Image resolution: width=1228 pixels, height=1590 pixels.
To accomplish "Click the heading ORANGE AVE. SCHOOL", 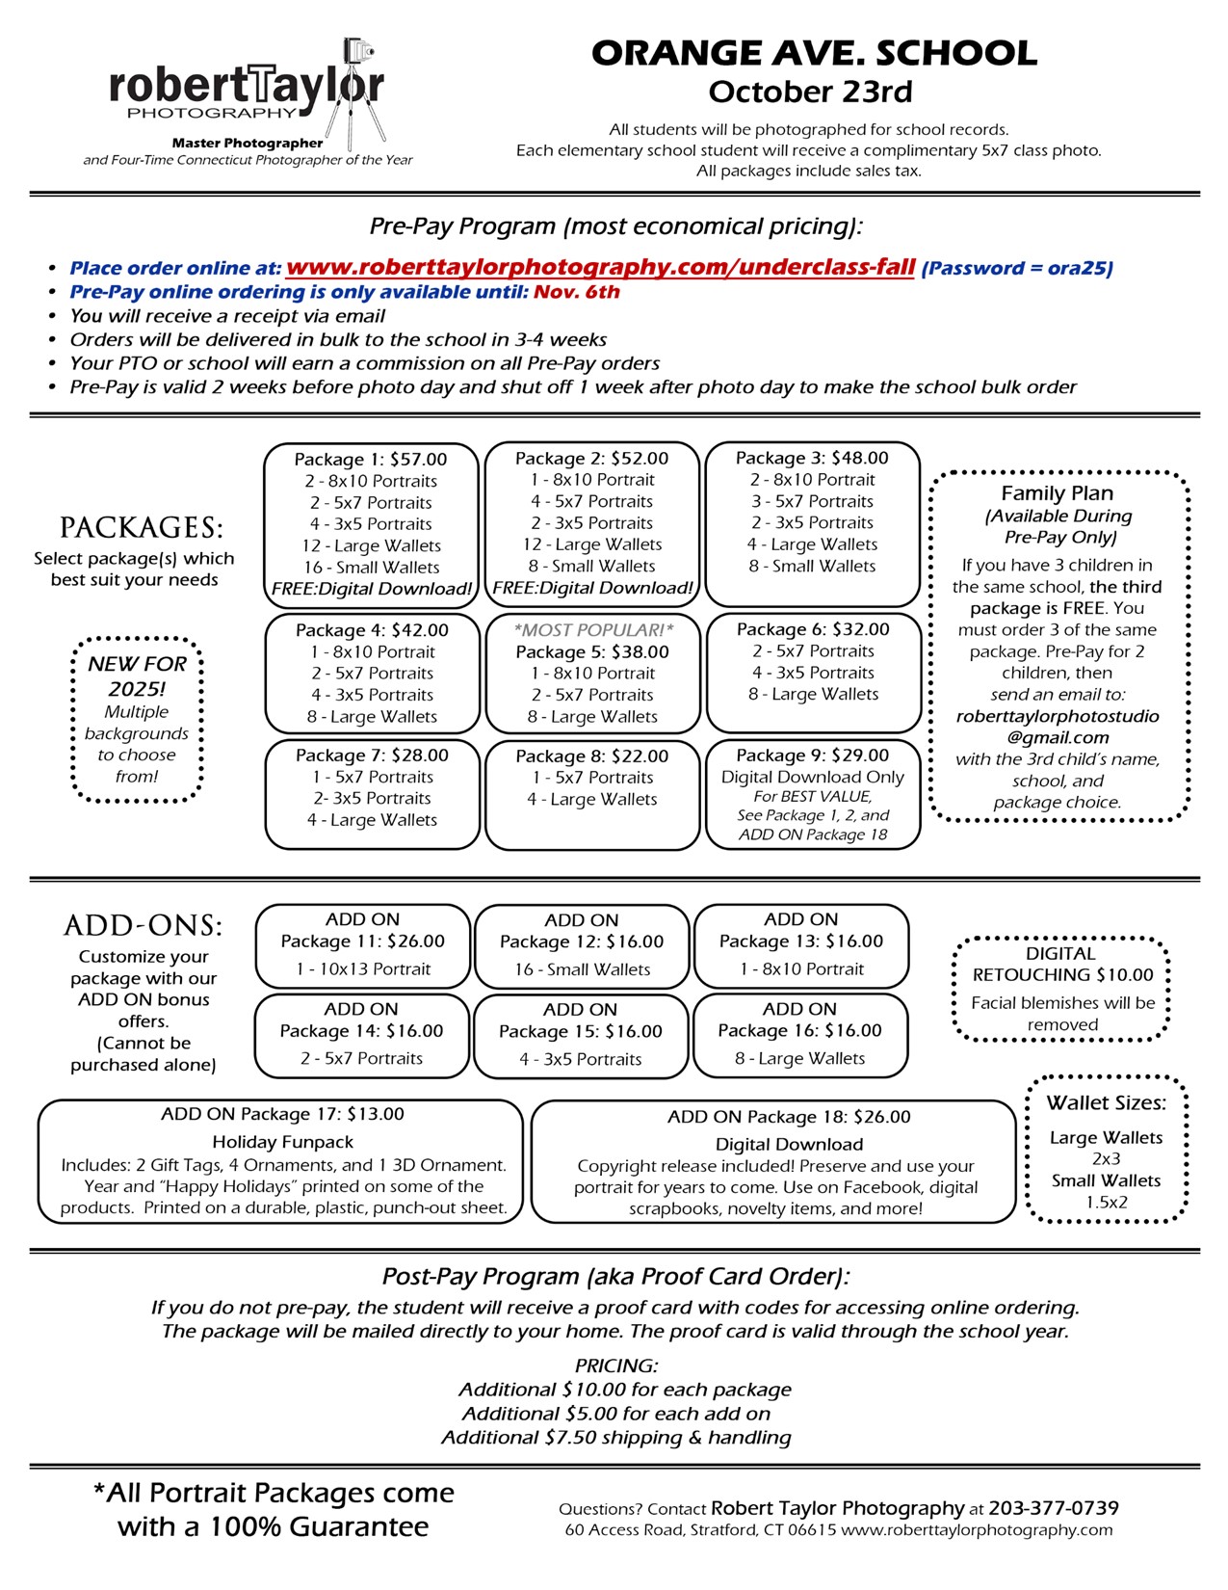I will tap(814, 53).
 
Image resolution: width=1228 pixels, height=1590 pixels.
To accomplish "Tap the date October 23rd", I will tap(810, 92).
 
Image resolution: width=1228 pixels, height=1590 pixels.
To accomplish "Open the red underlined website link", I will tap(600, 267).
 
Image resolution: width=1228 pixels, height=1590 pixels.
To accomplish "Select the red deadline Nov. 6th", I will tap(577, 292).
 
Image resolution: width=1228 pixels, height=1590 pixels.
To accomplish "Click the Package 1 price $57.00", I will tap(418, 460).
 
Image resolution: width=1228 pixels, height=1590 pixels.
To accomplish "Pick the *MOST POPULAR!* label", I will tap(593, 630).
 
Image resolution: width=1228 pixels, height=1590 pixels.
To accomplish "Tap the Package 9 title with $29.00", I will tap(812, 755).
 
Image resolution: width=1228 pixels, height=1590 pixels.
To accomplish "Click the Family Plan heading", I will tap(1057, 493).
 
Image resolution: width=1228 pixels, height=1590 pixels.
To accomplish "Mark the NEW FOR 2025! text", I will tap(137, 676).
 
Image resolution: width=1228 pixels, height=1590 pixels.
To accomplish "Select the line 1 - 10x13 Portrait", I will tap(363, 969).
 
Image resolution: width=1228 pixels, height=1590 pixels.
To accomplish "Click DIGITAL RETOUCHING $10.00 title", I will tap(1061, 964).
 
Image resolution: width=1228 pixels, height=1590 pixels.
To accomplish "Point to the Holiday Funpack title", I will tap(282, 1142).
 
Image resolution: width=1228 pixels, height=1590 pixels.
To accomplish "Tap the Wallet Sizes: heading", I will tap(1106, 1103).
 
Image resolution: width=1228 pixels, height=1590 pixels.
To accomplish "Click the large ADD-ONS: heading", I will tap(143, 926).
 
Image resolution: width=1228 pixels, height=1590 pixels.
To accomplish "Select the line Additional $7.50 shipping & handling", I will tap(615, 1438).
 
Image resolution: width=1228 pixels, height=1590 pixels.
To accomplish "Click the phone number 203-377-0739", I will tap(1053, 1508).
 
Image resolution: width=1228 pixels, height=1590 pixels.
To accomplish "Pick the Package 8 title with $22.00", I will tap(591, 756).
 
